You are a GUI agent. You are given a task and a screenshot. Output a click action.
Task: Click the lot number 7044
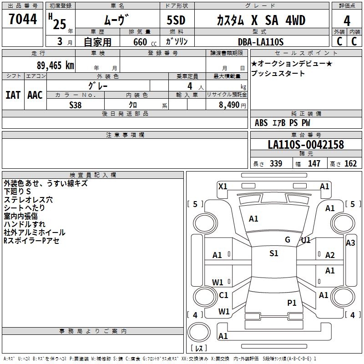point(23,19)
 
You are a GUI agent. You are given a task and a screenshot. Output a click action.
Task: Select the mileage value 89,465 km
point(56,66)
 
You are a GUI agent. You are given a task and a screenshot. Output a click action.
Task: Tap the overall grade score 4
point(347,21)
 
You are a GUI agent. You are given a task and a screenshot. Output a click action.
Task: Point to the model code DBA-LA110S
point(261,42)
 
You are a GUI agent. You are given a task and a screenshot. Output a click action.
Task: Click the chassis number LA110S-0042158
point(306,145)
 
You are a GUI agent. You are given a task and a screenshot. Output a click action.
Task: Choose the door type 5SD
point(176,20)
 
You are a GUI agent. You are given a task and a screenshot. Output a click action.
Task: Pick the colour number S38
point(76,105)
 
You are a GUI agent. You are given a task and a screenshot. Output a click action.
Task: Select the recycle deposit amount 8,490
point(229,105)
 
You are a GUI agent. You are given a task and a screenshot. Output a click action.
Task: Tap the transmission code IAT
point(13,95)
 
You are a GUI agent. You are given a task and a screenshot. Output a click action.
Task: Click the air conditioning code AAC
point(35,95)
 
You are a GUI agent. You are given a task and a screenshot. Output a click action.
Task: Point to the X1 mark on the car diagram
point(223,187)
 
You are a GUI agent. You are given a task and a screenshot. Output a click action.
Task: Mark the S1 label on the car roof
point(274,253)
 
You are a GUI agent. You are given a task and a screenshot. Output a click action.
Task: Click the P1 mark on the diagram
point(292,303)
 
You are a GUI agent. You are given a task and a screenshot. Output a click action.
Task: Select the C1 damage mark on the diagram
point(223,295)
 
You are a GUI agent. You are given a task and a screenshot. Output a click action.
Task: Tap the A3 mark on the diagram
point(350,243)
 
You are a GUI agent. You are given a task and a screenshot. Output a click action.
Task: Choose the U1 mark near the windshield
point(306,240)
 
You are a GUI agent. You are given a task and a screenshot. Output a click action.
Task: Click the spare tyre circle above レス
point(199,332)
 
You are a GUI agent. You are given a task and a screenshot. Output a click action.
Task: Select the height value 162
point(350,164)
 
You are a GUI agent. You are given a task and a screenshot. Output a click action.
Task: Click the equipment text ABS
point(261,123)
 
